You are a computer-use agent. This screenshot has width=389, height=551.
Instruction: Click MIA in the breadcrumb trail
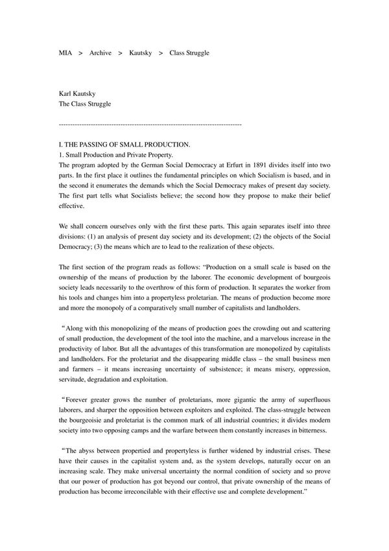(65, 53)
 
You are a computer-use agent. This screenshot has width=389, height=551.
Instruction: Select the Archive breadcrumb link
(100, 53)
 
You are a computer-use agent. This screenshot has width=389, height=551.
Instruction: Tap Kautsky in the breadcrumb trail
(140, 53)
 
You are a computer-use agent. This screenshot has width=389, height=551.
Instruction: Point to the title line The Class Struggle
(85, 104)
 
